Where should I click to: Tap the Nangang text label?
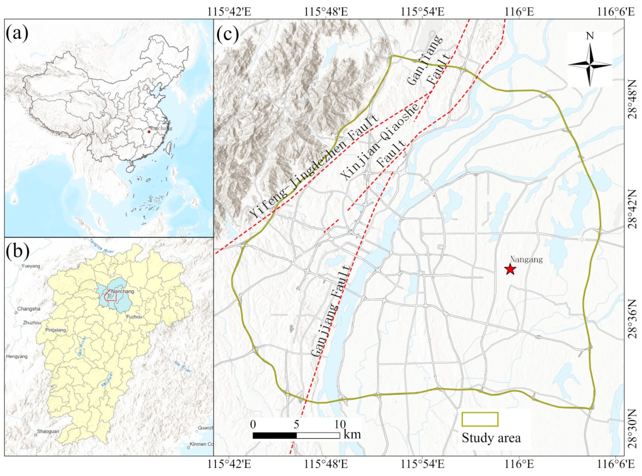point(526,259)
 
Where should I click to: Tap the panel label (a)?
point(17,33)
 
